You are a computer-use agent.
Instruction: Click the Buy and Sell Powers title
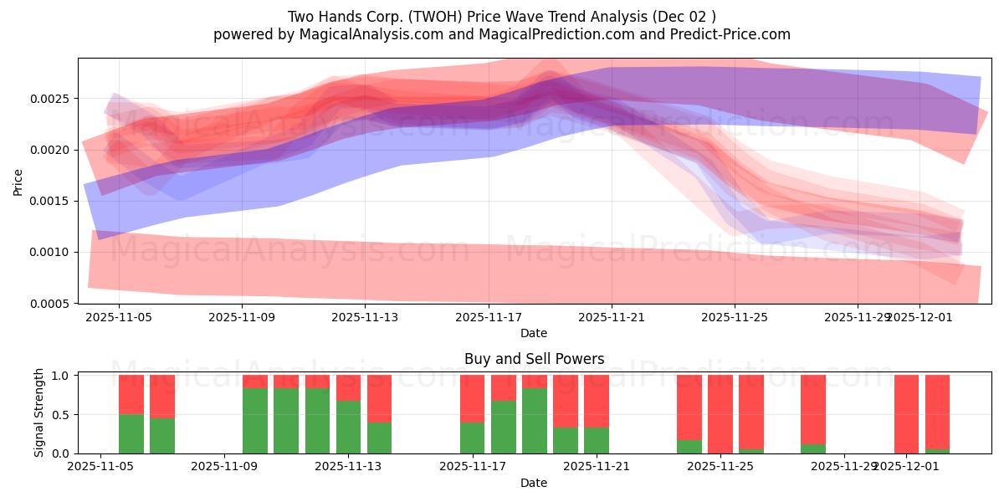[534, 359]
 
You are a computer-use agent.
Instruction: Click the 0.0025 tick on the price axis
[52, 99]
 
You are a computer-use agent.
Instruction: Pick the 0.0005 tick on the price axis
[52, 304]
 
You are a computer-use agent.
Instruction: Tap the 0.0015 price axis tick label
[52, 202]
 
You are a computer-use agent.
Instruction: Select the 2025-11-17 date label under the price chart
[489, 317]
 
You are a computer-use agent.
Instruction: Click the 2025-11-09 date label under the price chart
[242, 317]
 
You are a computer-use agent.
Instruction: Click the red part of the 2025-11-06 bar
[131, 394]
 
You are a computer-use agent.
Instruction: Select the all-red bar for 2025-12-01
[906, 414]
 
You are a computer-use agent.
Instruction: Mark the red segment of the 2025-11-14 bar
[379, 398]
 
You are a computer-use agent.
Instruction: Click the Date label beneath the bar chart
[534, 483]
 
